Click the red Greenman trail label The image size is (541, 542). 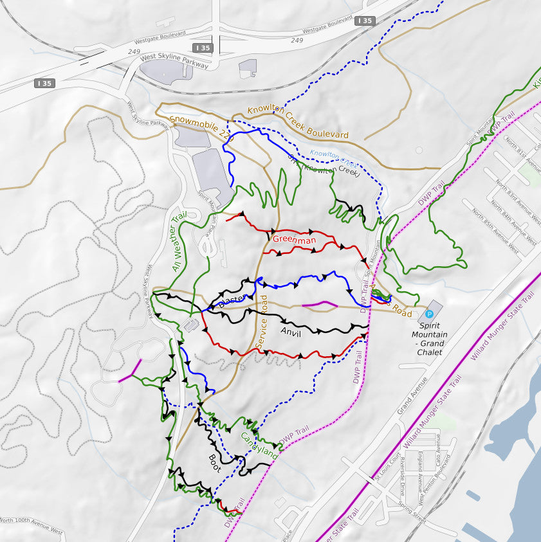[294, 240]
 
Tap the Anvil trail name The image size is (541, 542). [290, 332]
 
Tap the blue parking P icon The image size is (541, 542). [429, 314]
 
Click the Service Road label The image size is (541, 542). [262, 321]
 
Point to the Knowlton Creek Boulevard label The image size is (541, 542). [298, 122]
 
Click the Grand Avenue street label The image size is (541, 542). [412, 395]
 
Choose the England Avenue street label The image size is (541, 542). [419, 464]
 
